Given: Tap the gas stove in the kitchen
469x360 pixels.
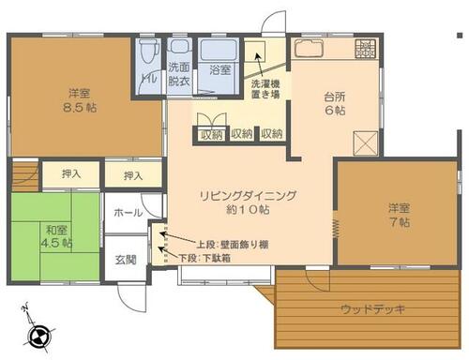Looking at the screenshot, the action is (x=365, y=49).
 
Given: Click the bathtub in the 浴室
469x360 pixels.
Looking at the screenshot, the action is (x=219, y=50).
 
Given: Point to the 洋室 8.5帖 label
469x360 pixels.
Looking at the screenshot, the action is (x=80, y=100).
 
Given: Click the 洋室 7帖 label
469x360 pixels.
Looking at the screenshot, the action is (x=400, y=215).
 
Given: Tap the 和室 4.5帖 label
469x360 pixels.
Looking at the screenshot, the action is (x=56, y=236).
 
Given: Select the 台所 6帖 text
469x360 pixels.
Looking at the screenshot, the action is (x=335, y=104).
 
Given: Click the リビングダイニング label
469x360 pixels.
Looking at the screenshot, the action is (x=248, y=196).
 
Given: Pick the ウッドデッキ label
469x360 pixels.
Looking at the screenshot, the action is (x=373, y=309).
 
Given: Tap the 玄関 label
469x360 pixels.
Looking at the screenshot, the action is (x=126, y=260).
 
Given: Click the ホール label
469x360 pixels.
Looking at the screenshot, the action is (x=128, y=213).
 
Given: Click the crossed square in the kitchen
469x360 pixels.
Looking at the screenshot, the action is (x=366, y=143).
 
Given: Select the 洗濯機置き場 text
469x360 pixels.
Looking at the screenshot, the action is (x=265, y=89).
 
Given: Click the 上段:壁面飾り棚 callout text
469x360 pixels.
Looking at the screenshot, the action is (x=233, y=245).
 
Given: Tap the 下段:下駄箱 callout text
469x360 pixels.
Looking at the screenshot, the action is (x=205, y=258).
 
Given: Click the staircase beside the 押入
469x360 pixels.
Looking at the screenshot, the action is (x=25, y=175).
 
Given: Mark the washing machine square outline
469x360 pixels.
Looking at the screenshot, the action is (x=254, y=52).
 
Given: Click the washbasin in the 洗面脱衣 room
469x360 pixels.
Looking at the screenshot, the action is (x=179, y=46).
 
